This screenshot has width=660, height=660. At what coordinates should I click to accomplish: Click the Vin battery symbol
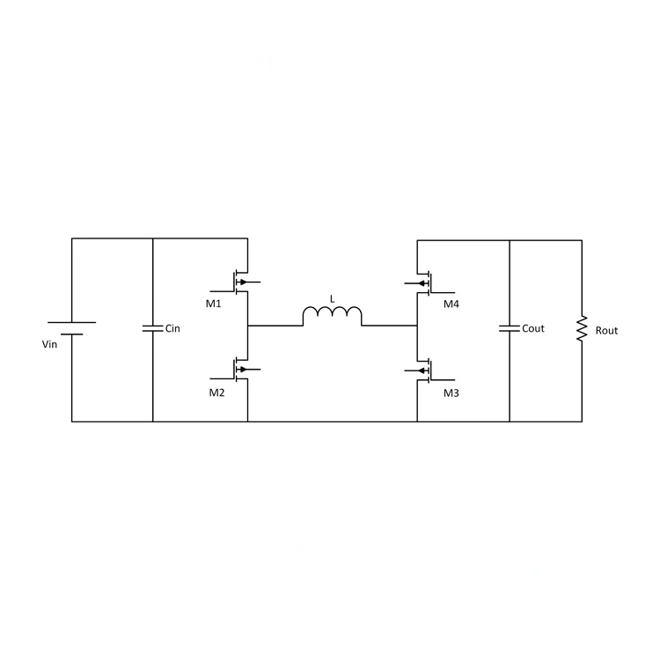point(71,328)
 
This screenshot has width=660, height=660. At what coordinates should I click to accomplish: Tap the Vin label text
point(49,344)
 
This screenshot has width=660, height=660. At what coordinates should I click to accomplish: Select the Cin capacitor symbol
point(153,328)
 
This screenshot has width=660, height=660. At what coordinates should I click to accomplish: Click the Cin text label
point(172,328)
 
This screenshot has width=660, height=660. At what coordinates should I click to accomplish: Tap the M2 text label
point(216,392)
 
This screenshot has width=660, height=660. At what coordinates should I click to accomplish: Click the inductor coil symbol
point(333,316)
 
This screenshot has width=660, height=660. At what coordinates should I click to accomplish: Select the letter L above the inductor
point(332,299)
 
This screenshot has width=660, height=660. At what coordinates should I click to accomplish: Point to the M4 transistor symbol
point(427,282)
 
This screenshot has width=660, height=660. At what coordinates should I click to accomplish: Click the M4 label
point(451,304)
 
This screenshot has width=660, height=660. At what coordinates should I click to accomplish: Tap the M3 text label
point(451,392)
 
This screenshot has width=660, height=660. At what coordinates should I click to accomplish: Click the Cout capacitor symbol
point(510,328)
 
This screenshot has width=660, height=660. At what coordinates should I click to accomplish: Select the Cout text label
point(533,328)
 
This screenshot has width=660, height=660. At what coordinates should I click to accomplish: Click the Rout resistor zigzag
point(581,329)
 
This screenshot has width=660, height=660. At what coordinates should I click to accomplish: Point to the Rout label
point(606,330)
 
